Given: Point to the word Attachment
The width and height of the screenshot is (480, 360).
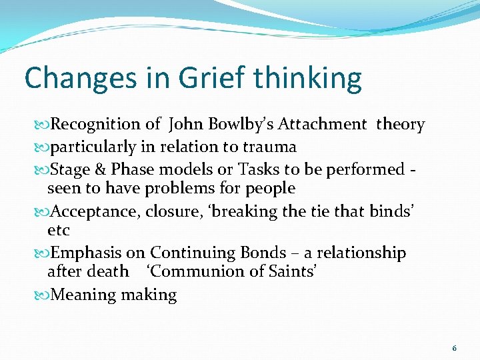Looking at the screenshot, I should [322, 125].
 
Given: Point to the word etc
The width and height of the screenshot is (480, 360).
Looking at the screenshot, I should [59, 231].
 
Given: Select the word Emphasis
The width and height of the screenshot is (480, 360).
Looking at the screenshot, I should [86, 253].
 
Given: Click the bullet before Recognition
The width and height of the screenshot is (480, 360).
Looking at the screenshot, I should [45, 125].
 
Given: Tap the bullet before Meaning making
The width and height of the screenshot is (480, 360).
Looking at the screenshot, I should [45, 295].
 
